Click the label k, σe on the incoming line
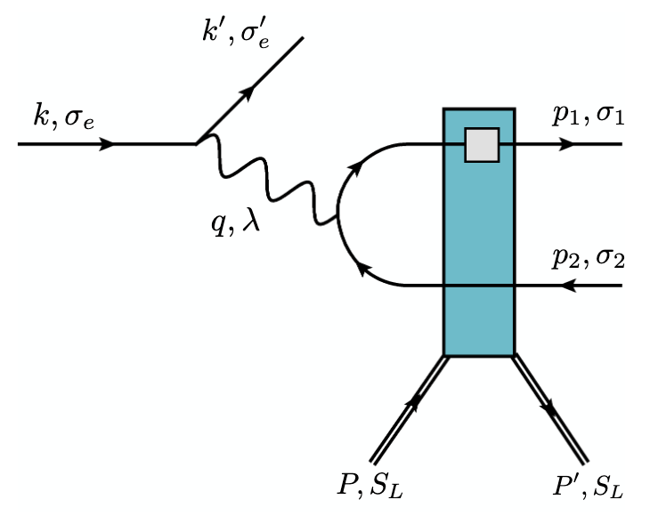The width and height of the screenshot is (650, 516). click(61, 117)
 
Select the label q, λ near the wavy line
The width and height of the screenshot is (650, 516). click(236, 222)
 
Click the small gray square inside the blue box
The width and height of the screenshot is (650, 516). click(481, 144)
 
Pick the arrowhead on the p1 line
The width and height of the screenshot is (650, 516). click(565, 143)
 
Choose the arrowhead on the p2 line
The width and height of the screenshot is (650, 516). click(570, 286)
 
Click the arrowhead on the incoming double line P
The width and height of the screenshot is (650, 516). click(412, 405)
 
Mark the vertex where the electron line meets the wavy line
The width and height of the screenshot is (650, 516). click(197, 143)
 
